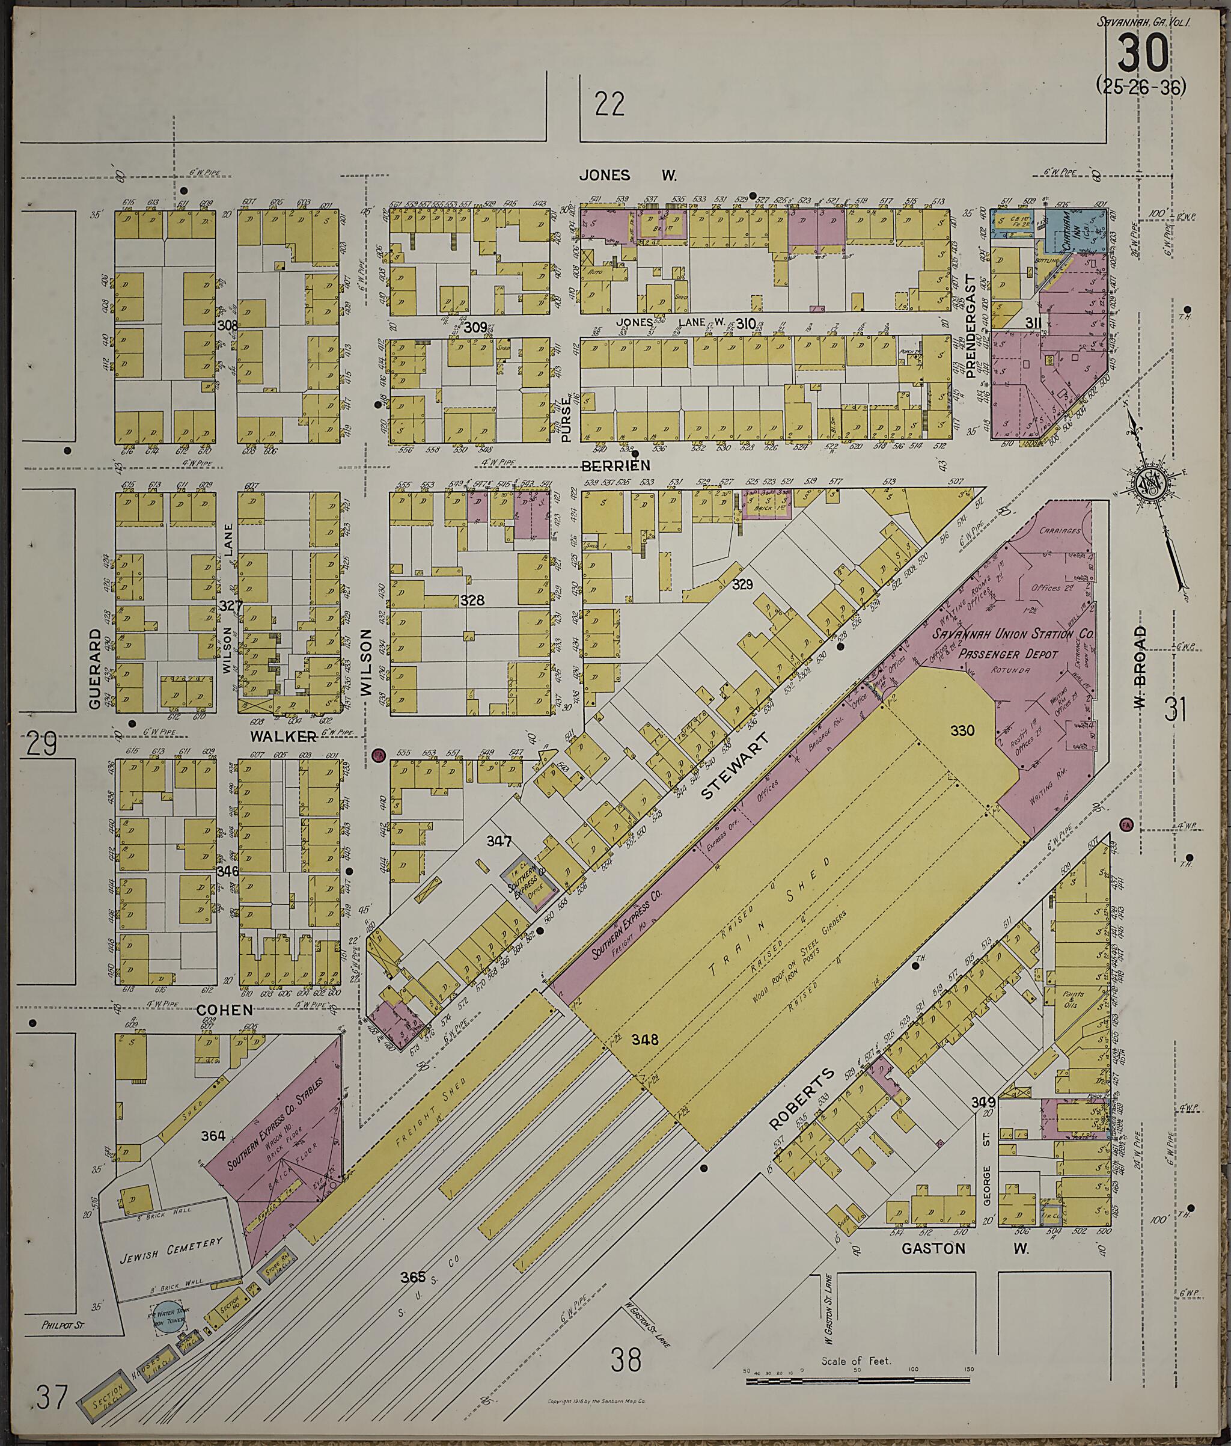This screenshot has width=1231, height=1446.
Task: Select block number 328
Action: (472, 600)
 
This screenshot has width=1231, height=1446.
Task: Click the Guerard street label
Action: (96, 669)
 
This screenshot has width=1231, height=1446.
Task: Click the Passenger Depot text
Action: (1007, 654)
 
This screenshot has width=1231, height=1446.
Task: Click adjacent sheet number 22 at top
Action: (609, 105)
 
